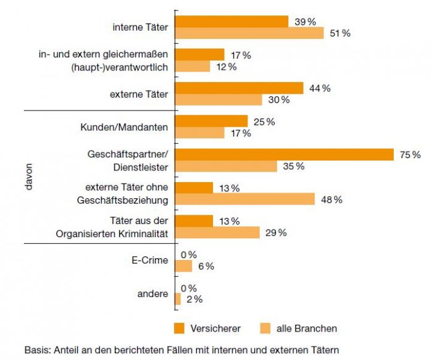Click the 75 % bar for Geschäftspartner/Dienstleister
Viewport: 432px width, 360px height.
click(285, 154)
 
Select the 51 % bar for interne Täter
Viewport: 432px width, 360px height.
click(249, 33)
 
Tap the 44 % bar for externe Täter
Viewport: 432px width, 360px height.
click(239, 88)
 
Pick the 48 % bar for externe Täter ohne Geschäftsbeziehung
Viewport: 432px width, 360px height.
click(245, 199)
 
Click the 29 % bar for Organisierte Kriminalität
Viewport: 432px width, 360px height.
click(217, 233)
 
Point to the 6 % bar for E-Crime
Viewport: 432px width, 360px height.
click(184, 266)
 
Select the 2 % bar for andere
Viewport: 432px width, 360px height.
click(178, 299)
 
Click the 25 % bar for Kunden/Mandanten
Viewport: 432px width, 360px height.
click(211, 122)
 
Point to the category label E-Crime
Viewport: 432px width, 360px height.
click(150, 261)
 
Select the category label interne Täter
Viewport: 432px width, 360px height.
click(140, 27)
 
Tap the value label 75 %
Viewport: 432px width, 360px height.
click(409, 154)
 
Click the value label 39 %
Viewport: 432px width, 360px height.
click(305, 22)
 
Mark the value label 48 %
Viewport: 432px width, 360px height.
click(331, 199)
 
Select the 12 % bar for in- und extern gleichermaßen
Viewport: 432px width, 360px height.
click(193, 66)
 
